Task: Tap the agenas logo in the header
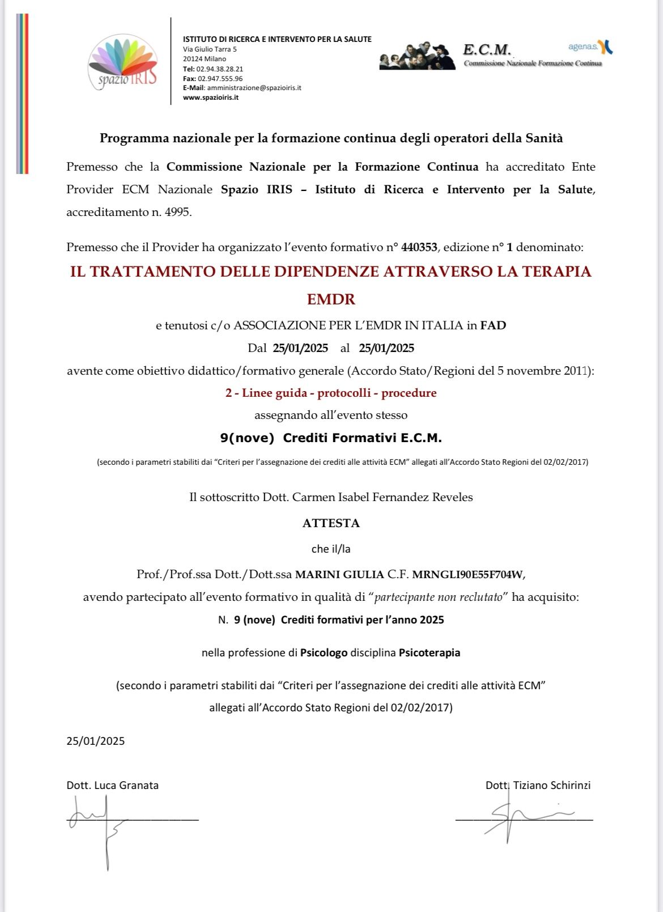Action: [x=590, y=47]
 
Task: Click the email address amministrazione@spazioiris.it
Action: [x=254, y=88]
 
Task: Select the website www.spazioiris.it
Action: [x=210, y=97]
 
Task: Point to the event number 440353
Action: [x=419, y=247]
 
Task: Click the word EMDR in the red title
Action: [x=331, y=299]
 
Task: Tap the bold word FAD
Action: [x=493, y=325]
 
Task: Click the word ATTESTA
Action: [x=331, y=523]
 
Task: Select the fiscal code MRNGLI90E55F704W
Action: [x=467, y=574]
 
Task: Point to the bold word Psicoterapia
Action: [x=430, y=653]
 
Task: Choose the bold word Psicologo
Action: [x=324, y=653]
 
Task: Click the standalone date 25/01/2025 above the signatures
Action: [x=96, y=741]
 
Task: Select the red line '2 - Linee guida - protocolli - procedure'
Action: [x=331, y=393]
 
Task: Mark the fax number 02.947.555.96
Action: [x=220, y=79]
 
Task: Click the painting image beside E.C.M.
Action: [x=417, y=56]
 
